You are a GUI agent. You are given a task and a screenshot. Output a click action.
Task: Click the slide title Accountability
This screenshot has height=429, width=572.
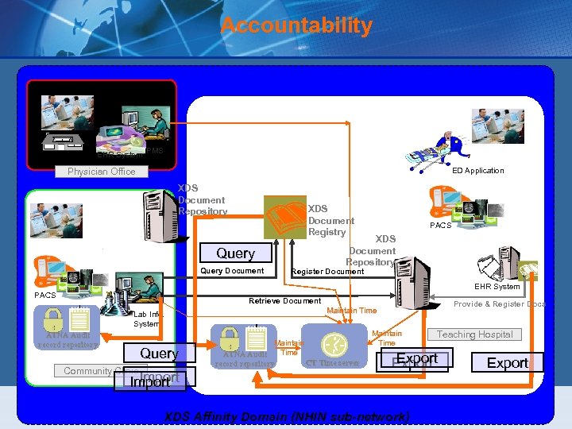point(296,25)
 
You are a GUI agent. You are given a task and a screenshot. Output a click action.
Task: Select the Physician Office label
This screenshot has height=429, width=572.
point(101,172)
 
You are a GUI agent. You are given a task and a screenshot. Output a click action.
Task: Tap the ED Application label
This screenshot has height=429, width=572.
point(477,170)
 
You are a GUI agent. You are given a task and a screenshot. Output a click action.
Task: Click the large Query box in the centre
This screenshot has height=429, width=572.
point(235,253)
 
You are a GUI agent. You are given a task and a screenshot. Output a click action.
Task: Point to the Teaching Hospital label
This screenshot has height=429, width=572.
point(474,334)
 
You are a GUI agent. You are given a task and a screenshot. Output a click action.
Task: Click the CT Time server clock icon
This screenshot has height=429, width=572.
point(333,344)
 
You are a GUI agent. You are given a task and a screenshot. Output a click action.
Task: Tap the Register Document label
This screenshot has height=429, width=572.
point(328,272)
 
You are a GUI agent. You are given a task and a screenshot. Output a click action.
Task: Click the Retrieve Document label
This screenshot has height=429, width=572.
point(284,301)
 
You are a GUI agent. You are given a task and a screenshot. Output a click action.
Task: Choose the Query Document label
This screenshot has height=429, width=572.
point(232,271)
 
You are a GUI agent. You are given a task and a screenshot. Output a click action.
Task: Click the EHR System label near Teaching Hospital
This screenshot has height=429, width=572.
point(497,286)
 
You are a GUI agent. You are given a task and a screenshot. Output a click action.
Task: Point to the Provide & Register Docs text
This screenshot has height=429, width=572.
point(499,304)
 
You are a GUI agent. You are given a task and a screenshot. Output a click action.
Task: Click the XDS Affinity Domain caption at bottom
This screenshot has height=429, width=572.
point(287,416)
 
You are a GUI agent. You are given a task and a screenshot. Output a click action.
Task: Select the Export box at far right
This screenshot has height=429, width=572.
point(507,363)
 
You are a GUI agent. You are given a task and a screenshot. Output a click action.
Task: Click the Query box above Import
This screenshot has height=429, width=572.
point(158,354)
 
